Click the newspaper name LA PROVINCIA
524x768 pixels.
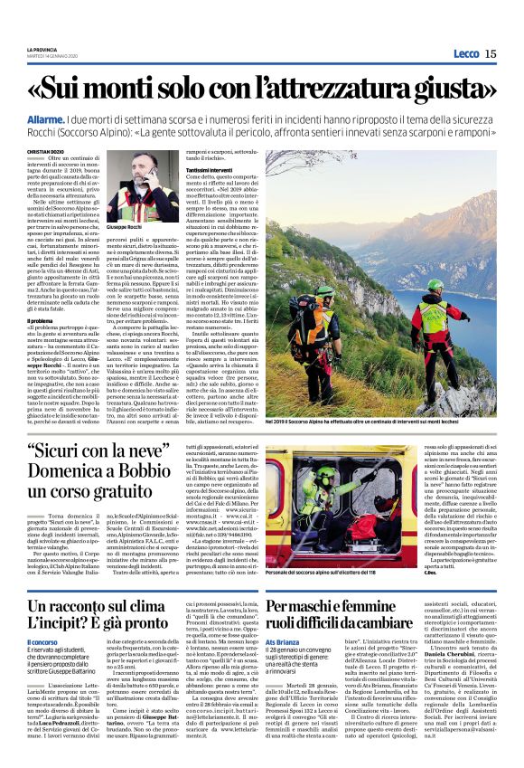(42, 50)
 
